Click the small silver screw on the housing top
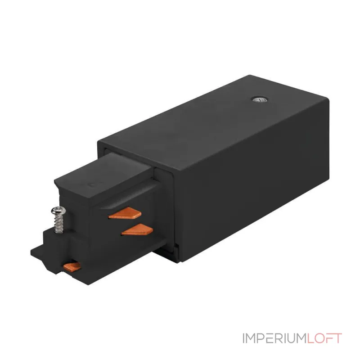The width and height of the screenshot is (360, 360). [260, 99]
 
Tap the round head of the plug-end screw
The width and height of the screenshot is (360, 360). [58, 211]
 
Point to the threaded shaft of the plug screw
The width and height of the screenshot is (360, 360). [59, 223]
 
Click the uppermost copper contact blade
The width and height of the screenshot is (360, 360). [125, 213]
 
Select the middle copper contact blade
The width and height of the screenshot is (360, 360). [137, 229]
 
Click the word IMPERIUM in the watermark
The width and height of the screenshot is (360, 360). [274, 338]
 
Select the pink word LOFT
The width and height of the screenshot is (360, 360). [324, 338]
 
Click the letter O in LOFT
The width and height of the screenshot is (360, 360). [319, 338]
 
